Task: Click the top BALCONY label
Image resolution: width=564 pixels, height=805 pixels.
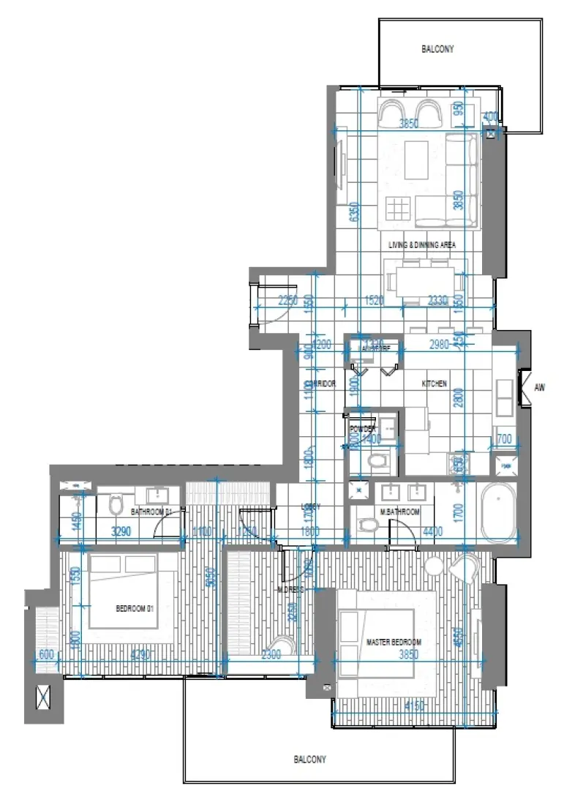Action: (437, 50)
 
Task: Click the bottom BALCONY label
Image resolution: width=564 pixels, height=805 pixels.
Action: (310, 760)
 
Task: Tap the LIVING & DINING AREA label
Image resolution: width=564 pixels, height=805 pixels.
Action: (422, 245)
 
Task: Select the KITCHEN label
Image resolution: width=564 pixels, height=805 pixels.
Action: (434, 383)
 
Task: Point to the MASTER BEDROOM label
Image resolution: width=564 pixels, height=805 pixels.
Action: (394, 643)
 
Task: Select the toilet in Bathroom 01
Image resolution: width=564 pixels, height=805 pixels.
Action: (116, 505)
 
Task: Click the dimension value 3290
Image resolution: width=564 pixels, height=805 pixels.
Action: (121, 533)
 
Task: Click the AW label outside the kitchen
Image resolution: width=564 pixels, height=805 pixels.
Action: (541, 388)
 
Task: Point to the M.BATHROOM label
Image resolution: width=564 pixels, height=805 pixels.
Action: (399, 512)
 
